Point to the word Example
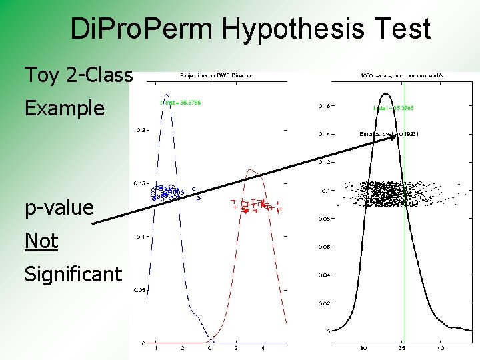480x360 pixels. point(65,108)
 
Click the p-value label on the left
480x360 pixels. point(59,207)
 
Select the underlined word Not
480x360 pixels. point(41,241)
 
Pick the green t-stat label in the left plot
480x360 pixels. point(181,103)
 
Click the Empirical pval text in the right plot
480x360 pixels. point(389,135)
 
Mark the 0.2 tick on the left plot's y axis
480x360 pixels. point(139,131)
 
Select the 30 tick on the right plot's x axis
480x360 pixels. point(363,348)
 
